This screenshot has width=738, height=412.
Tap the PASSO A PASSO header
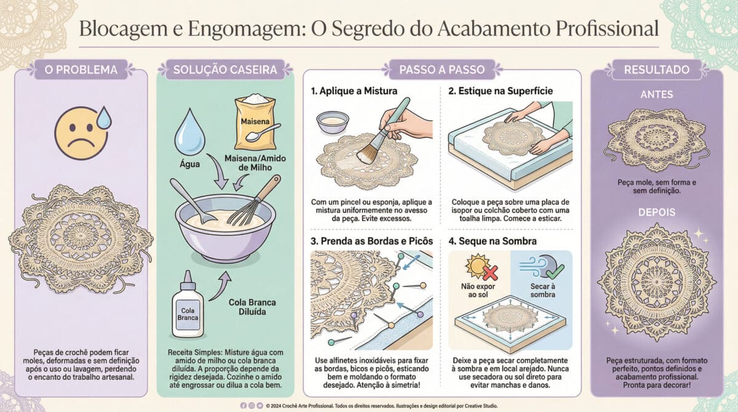pos(442,69)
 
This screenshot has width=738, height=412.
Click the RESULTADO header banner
pos(656,69)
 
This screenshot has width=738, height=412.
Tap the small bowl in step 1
pos(331,122)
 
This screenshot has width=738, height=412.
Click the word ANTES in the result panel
pos(656,95)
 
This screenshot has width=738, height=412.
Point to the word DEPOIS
pos(656,212)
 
